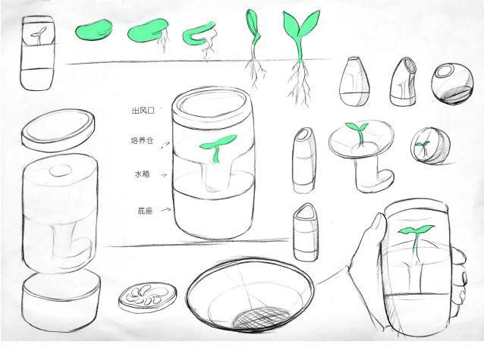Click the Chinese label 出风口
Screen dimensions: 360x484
click(142, 111)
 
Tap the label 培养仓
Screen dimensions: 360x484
click(142, 141)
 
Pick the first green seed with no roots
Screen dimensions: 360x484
click(93, 31)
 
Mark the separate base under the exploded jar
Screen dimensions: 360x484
click(61, 299)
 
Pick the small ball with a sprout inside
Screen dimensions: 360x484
click(426, 145)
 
